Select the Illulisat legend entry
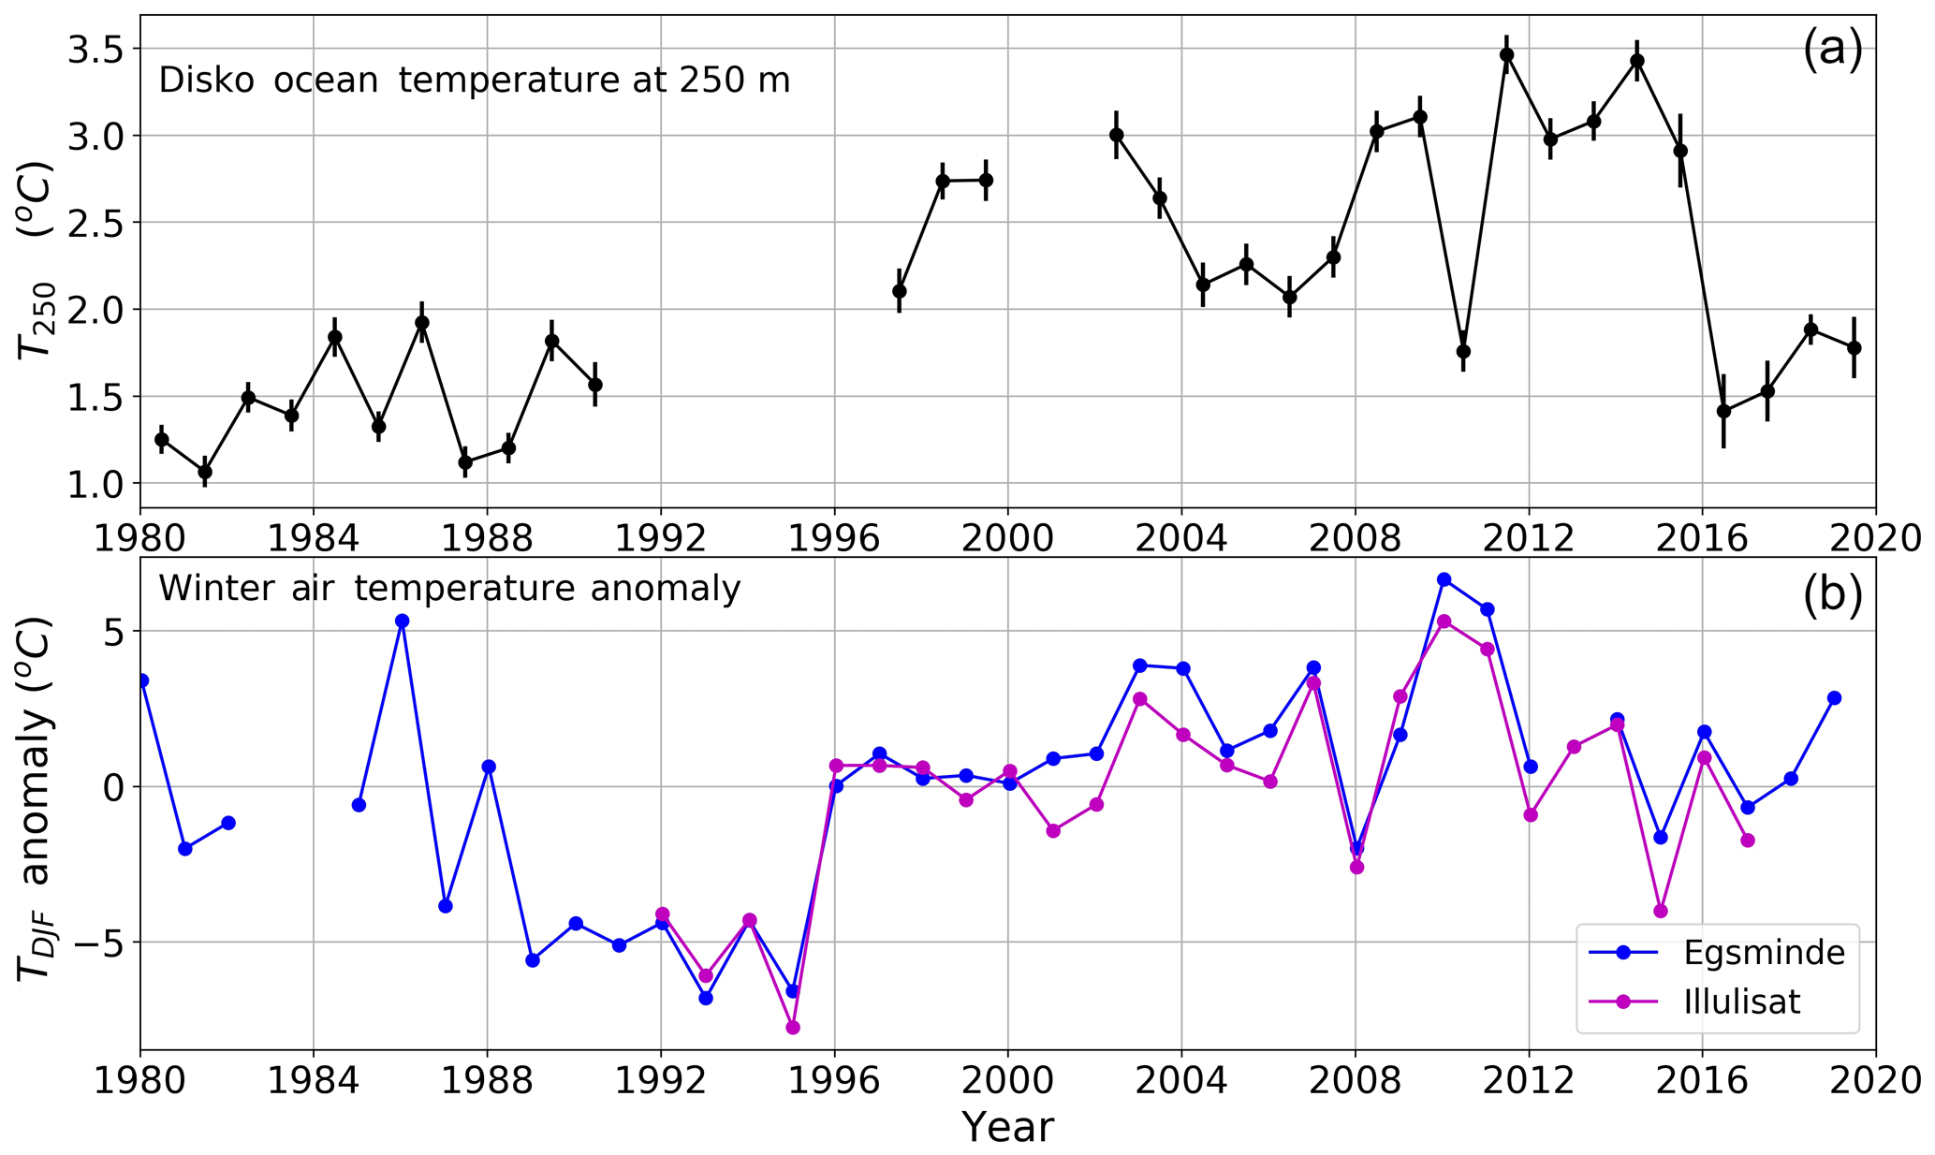pyautogui.click(x=1741, y=1002)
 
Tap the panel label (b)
pyautogui.click(x=1832, y=596)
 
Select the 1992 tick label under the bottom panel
pyautogui.click(x=661, y=1082)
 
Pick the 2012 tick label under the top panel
pyautogui.click(x=1529, y=540)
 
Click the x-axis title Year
pyautogui.click(x=1007, y=1128)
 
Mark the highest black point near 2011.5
pyautogui.click(x=1506, y=54)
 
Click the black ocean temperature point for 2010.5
pyautogui.click(x=1463, y=351)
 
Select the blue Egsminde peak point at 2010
pyautogui.click(x=1444, y=579)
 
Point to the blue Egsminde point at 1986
pyautogui.click(x=402, y=621)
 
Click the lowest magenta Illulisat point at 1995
pyautogui.click(x=793, y=1028)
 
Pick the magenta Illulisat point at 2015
pyautogui.click(x=1661, y=911)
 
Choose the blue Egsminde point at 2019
pyautogui.click(x=1834, y=698)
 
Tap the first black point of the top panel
pyautogui.click(x=162, y=439)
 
